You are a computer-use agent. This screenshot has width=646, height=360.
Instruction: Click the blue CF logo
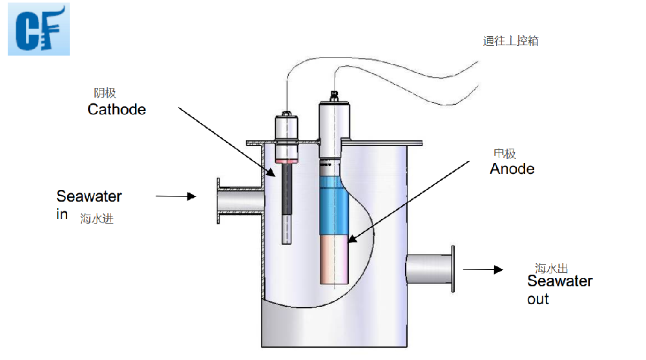38,29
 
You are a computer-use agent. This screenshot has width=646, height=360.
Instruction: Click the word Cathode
116,109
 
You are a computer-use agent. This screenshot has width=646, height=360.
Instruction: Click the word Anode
512,169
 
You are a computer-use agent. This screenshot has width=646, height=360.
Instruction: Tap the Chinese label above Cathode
105,94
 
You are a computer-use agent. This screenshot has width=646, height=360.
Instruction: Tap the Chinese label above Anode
505,154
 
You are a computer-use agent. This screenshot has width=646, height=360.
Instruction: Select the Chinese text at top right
510,41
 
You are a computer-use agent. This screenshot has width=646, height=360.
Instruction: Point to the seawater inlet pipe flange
219,202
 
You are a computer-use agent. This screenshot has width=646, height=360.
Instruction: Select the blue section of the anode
334,207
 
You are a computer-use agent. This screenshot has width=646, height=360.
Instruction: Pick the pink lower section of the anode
334,259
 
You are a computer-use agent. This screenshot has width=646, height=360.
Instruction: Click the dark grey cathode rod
287,191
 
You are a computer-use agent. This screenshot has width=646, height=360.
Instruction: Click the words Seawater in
89,204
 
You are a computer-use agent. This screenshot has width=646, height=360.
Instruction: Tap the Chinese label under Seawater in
97,219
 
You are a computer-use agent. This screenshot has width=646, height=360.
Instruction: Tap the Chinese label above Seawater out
551,268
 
